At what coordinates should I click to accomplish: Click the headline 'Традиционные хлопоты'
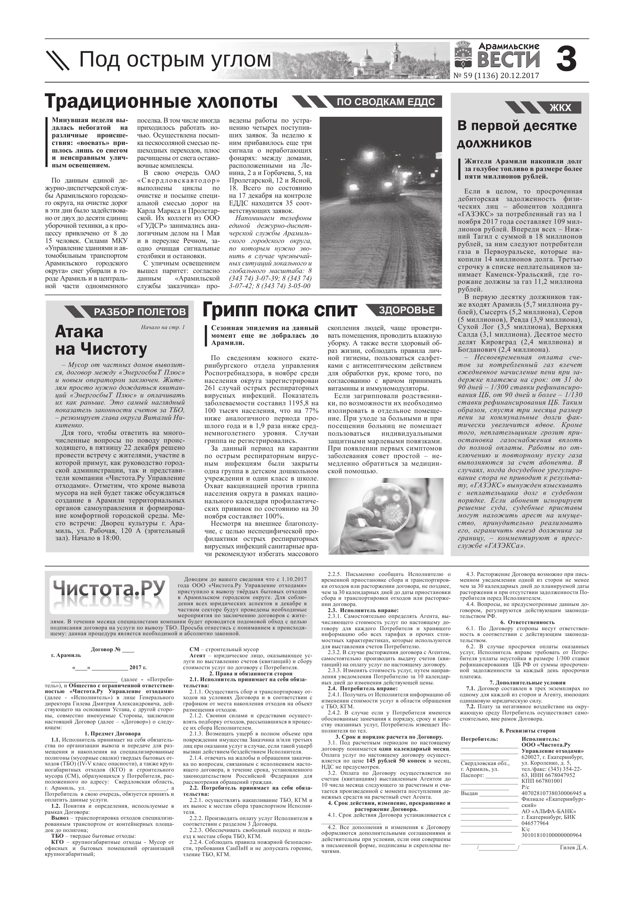coord(161,101)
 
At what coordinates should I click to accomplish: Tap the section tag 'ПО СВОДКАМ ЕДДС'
coord(386,102)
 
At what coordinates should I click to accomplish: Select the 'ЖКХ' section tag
coord(560,107)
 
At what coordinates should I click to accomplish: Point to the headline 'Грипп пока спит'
coord(280,310)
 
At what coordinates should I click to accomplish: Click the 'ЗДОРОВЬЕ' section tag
coord(407,310)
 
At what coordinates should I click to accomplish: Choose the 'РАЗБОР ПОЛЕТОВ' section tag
coord(140,312)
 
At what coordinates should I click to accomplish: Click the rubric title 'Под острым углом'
coord(175,60)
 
